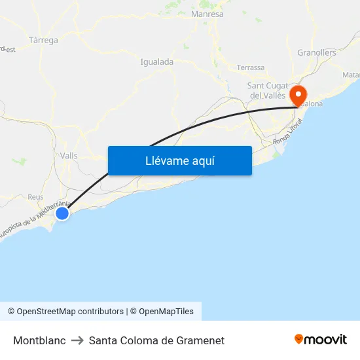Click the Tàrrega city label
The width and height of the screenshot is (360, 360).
(43, 40)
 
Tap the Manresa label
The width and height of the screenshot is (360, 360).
(207, 14)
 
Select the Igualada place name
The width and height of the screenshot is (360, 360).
(156, 62)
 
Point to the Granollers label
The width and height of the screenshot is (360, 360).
(316, 52)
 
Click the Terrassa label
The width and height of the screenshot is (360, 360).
(251, 67)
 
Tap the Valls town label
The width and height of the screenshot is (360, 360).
(68, 156)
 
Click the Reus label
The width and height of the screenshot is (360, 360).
(35, 197)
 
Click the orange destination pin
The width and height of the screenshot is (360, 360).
(298, 96)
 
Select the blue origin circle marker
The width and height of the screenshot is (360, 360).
(62, 213)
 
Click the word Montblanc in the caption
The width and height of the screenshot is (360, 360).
(39, 340)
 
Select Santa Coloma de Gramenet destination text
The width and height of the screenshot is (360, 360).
(156, 340)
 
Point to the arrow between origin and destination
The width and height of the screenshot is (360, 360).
(77, 340)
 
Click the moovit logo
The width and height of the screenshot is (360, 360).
(321, 339)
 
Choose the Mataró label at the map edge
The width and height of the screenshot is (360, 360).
(351, 75)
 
